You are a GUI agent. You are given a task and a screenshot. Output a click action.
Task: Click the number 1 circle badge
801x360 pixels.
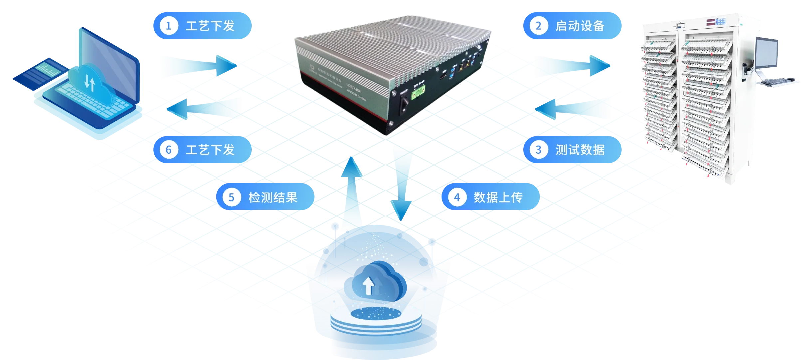pos(168,26)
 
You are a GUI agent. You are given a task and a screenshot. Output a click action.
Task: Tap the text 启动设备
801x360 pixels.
pos(580,26)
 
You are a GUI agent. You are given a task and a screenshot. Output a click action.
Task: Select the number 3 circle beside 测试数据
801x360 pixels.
pos(538,150)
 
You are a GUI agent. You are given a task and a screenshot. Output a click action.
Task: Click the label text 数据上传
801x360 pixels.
pos(498,197)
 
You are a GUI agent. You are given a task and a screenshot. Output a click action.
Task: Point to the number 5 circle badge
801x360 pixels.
pos(231,197)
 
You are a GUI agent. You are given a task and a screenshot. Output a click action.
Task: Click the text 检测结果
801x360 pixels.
pos(273,197)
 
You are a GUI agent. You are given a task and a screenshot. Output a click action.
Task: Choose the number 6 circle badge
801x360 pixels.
pos(168,150)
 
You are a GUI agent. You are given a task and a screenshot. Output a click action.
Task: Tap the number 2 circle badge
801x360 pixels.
pos(538,26)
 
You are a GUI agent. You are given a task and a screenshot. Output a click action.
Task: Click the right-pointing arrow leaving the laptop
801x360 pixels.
pos(200,65)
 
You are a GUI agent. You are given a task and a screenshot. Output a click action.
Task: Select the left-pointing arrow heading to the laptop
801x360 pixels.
pos(203,108)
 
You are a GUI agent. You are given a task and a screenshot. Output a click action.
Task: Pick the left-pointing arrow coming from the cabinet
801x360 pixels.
pos(573,108)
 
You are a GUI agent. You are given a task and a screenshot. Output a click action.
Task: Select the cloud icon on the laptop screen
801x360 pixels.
pos(88,83)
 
